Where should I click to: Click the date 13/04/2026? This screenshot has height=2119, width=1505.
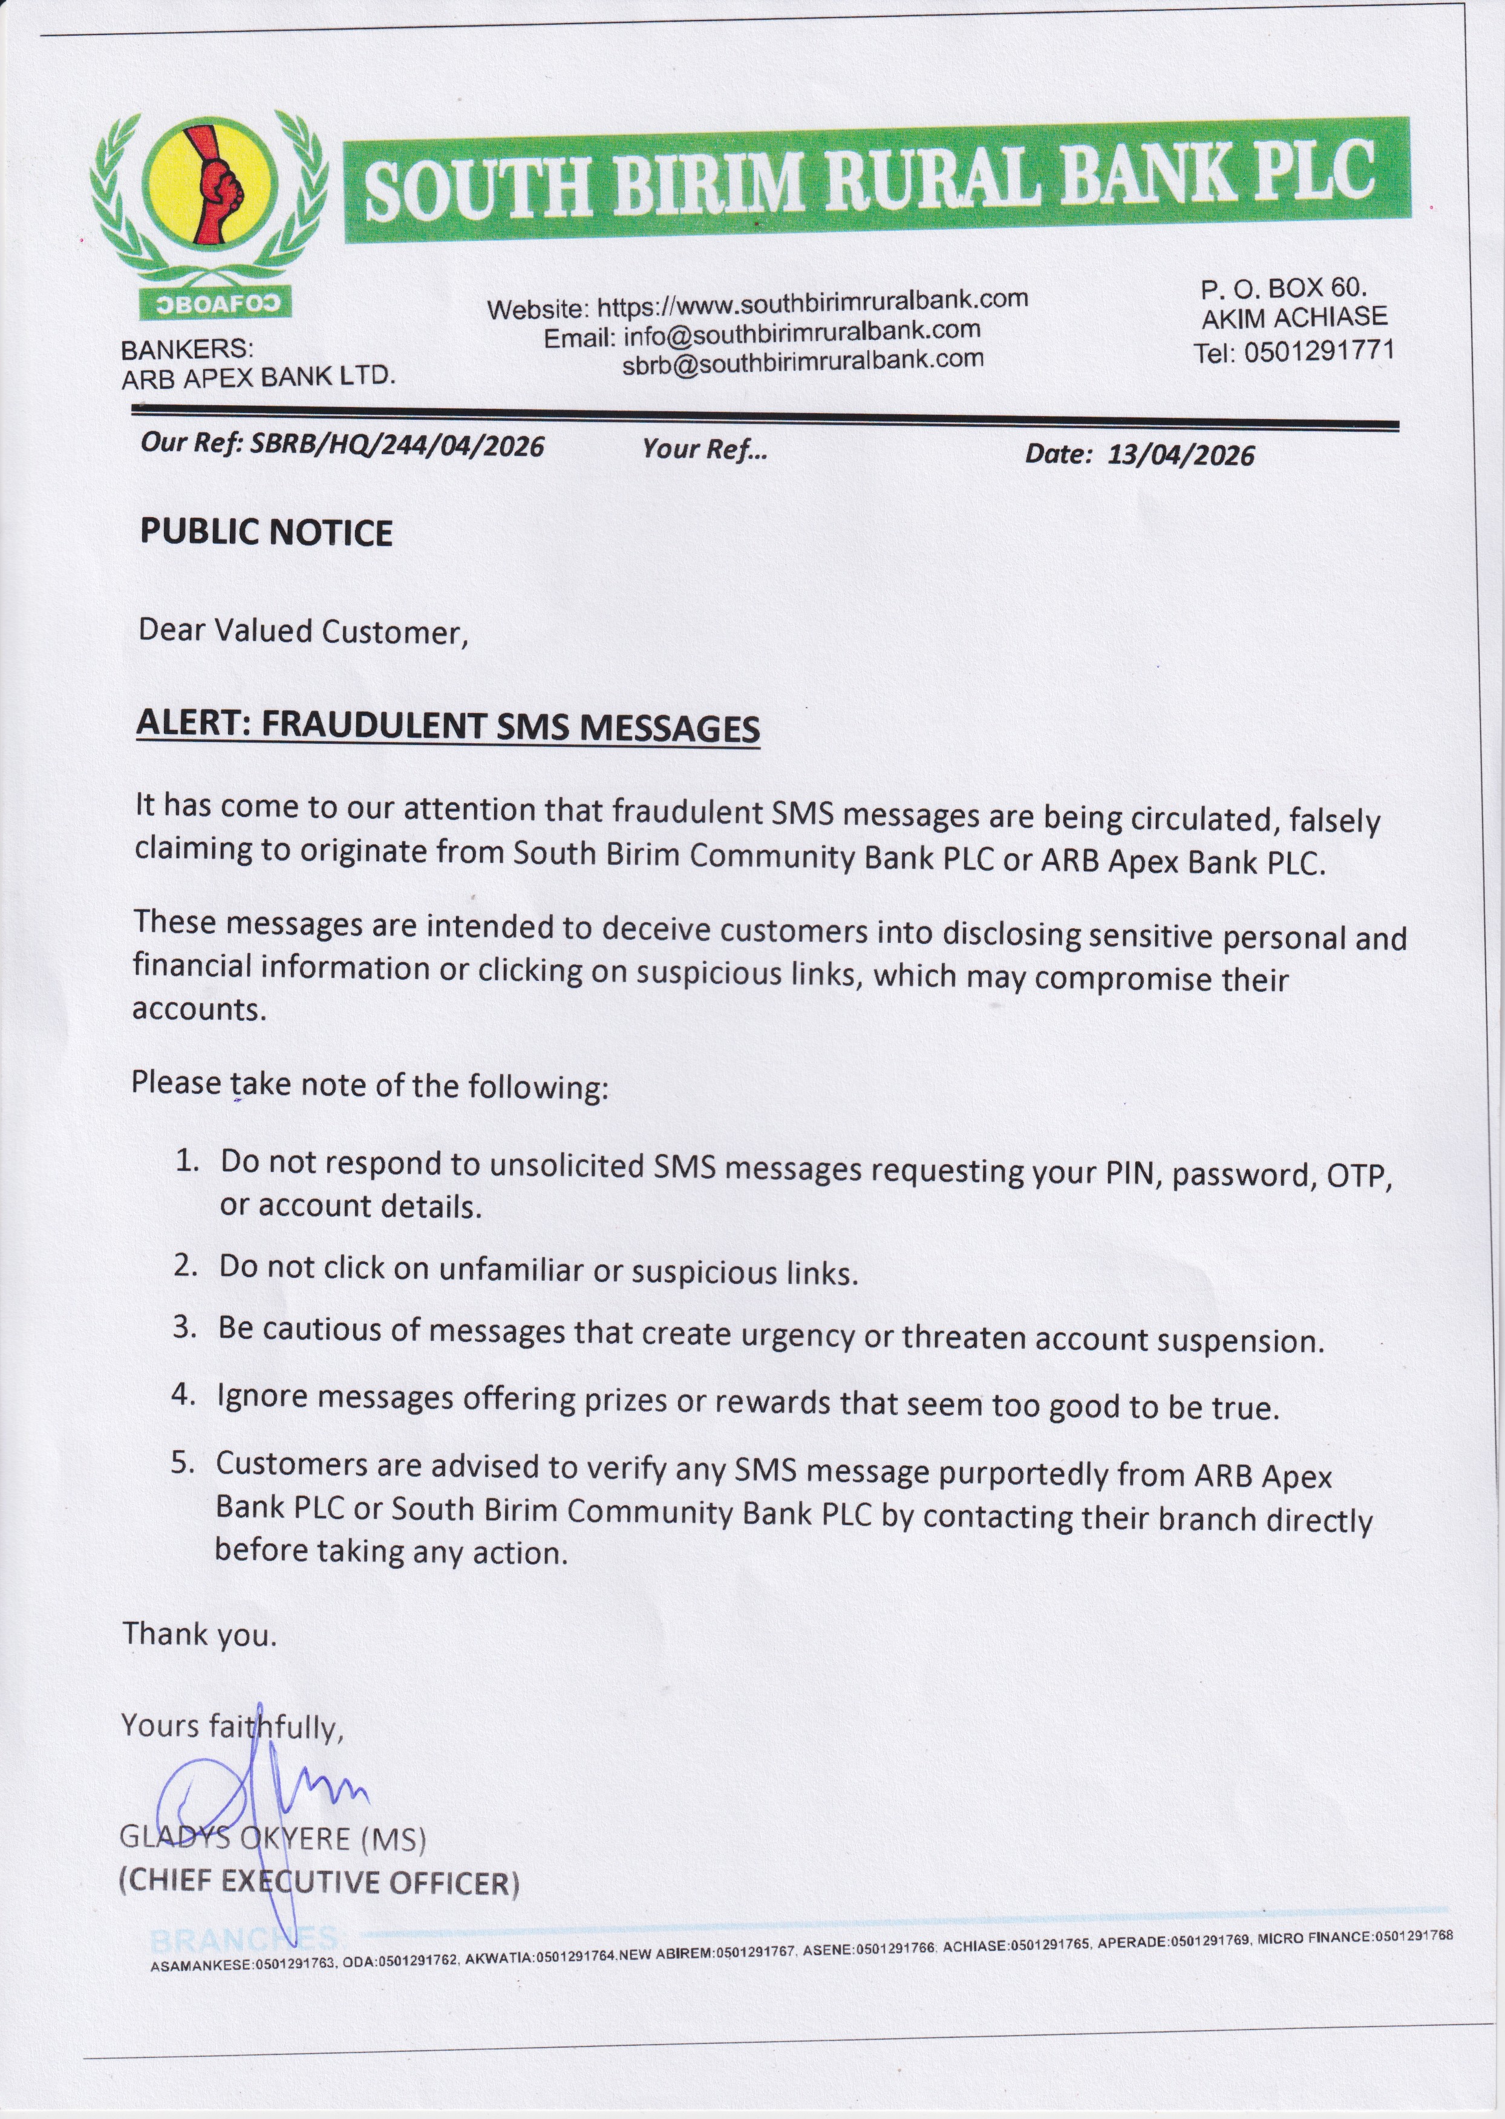point(1181,454)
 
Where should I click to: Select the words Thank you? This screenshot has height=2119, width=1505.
point(200,1633)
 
